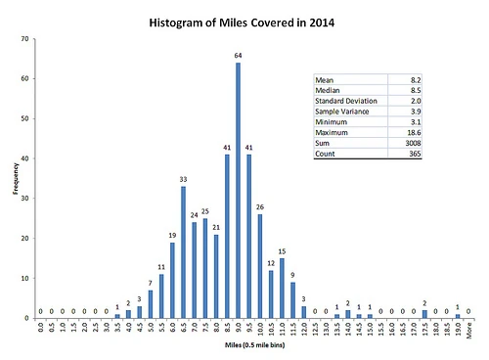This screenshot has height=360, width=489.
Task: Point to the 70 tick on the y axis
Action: [23, 38]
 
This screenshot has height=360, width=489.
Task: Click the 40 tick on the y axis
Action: [23, 158]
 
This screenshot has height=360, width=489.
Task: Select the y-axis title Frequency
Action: [14, 179]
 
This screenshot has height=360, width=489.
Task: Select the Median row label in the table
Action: [328, 91]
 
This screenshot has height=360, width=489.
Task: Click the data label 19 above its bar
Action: [172, 235]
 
